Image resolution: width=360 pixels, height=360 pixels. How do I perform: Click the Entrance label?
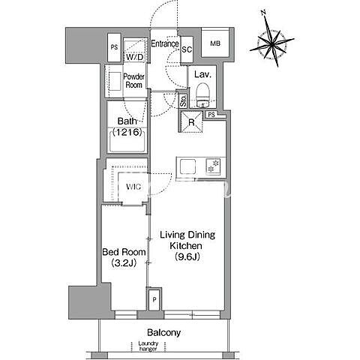(165, 43)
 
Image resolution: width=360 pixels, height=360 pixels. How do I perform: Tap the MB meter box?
(215, 43)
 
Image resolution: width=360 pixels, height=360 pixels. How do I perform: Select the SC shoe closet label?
(187, 49)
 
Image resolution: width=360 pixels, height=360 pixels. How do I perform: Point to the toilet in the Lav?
(202, 94)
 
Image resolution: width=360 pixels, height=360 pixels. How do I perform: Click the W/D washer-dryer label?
(134, 57)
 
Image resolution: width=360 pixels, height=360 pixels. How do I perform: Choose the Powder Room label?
(134, 80)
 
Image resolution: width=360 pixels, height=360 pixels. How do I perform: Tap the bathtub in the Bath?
(127, 142)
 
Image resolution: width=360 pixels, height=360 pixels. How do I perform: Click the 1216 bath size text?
(127, 132)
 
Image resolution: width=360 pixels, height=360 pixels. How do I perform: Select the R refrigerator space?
(191, 121)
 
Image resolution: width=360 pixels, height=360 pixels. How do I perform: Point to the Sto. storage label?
(184, 100)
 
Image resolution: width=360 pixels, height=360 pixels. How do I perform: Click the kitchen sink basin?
(187, 166)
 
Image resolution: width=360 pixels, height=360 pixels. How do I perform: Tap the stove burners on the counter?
(213, 166)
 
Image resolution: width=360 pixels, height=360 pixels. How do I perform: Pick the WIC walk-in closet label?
(133, 187)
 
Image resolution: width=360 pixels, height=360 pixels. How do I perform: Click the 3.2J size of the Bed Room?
(124, 262)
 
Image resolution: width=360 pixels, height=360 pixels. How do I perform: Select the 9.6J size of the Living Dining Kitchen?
(187, 256)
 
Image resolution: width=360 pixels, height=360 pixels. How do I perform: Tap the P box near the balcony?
(154, 300)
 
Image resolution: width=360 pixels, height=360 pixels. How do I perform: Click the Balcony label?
(163, 332)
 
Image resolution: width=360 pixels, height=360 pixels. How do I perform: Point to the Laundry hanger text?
(148, 346)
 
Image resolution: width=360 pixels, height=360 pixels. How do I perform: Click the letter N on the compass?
(262, 12)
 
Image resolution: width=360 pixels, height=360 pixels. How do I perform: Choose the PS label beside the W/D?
(114, 47)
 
